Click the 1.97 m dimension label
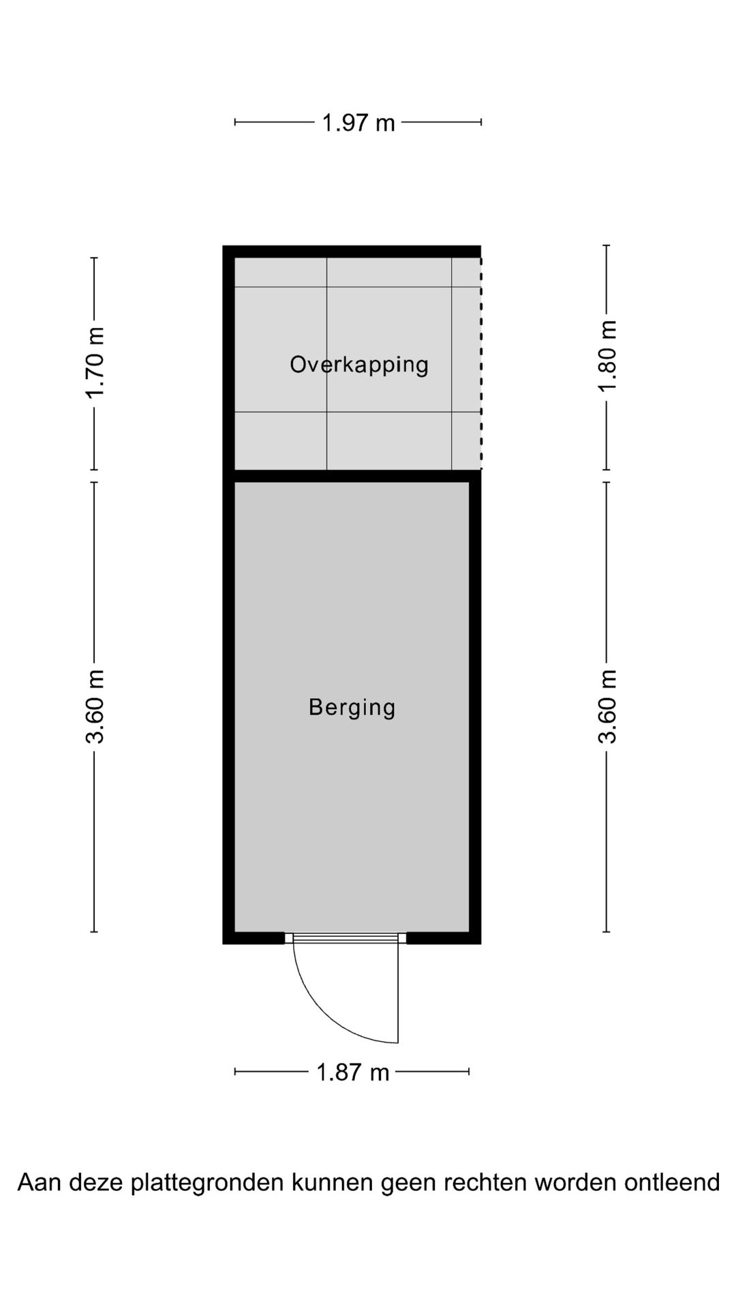click(358, 123)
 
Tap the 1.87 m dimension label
click(352, 1072)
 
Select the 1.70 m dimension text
click(95, 363)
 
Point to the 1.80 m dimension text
click(607, 356)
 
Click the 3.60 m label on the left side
click(95, 706)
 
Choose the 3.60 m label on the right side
click(607, 706)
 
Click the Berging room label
click(352, 707)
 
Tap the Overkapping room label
click(359, 365)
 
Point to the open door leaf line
click(398, 992)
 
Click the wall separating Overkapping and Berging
click(352, 476)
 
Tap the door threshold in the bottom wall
click(346, 938)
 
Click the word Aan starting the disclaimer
click(35, 1182)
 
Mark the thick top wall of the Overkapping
click(352, 251)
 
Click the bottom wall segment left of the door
click(254, 938)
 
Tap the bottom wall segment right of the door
click(443, 938)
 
